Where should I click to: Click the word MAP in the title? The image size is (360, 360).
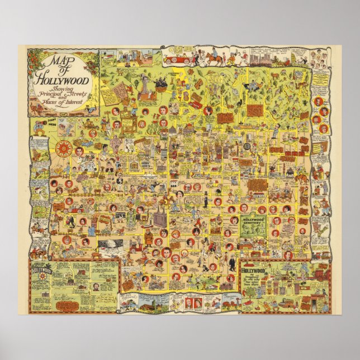(x=58, y=61)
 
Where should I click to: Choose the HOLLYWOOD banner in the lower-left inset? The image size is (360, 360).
(x=41, y=269)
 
